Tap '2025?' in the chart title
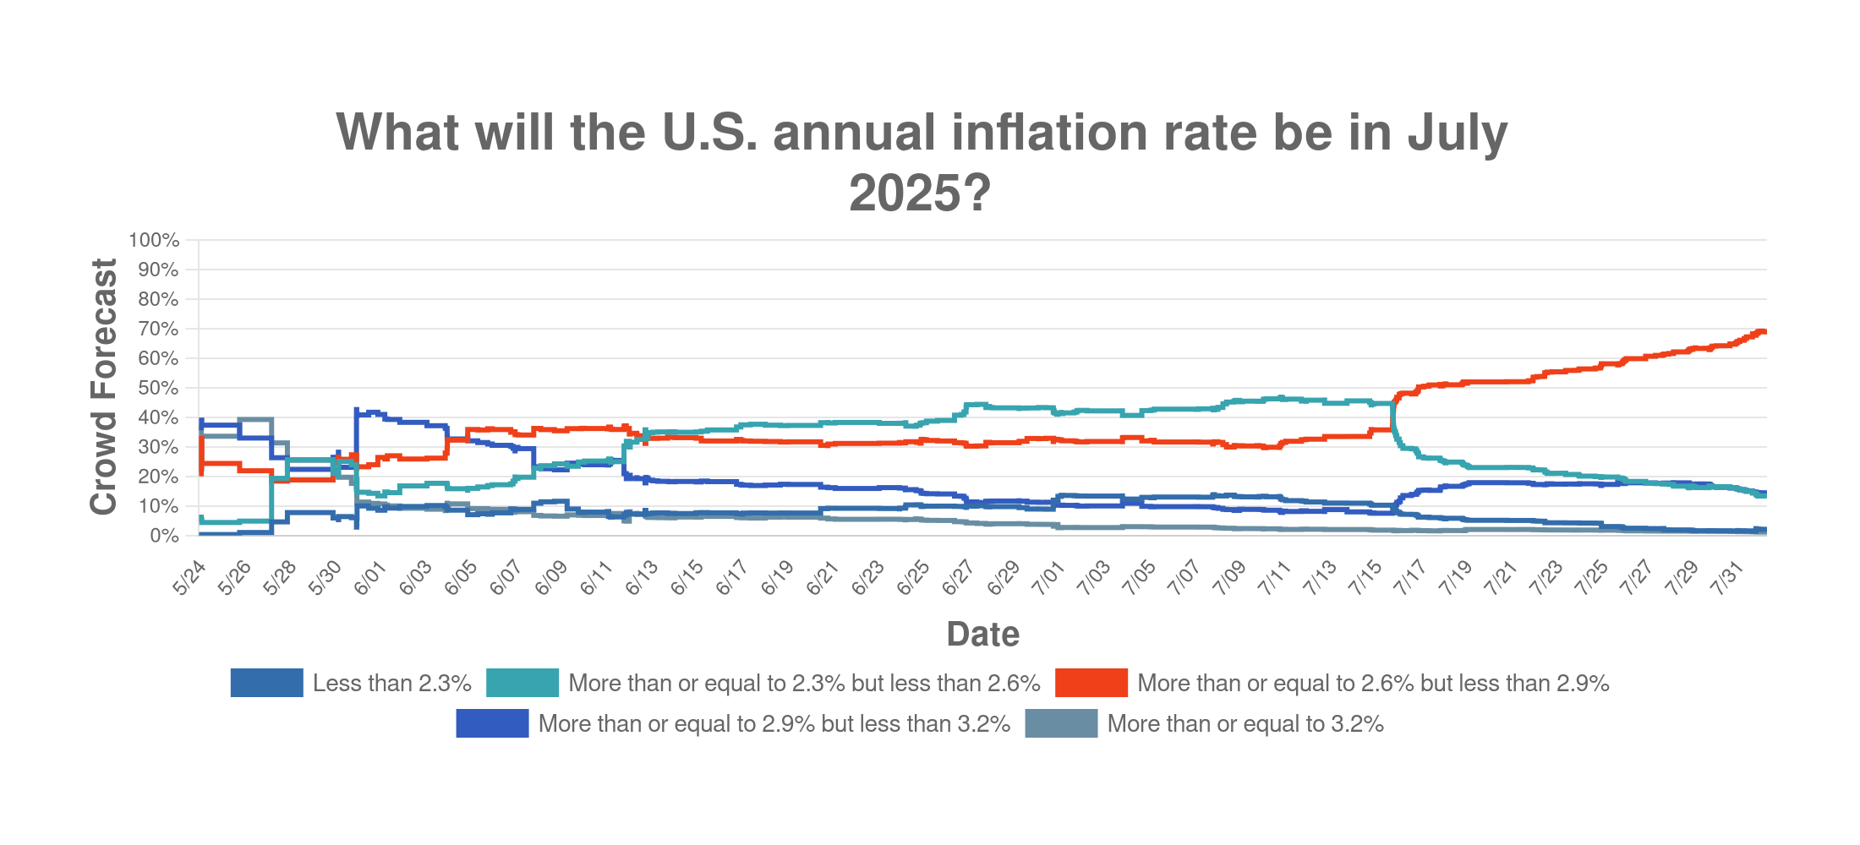tap(920, 193)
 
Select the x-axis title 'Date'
tap(982, 634)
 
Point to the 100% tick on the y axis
tap(154, 240)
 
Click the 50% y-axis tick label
tap(157, 388)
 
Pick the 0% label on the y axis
tap(163, 536)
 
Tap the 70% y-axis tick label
tap(157, 329)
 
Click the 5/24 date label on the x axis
tap(189, 579)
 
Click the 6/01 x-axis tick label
tap(369, 579)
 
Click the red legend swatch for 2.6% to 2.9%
tap(1091, 683)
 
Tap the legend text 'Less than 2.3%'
tap(391, 683)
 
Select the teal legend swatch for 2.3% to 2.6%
tap(522, 683)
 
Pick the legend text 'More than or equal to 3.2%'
tap(1245, 724)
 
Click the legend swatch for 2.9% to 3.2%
tap(492, 724)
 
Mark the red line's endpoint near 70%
tap(1763, 331)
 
